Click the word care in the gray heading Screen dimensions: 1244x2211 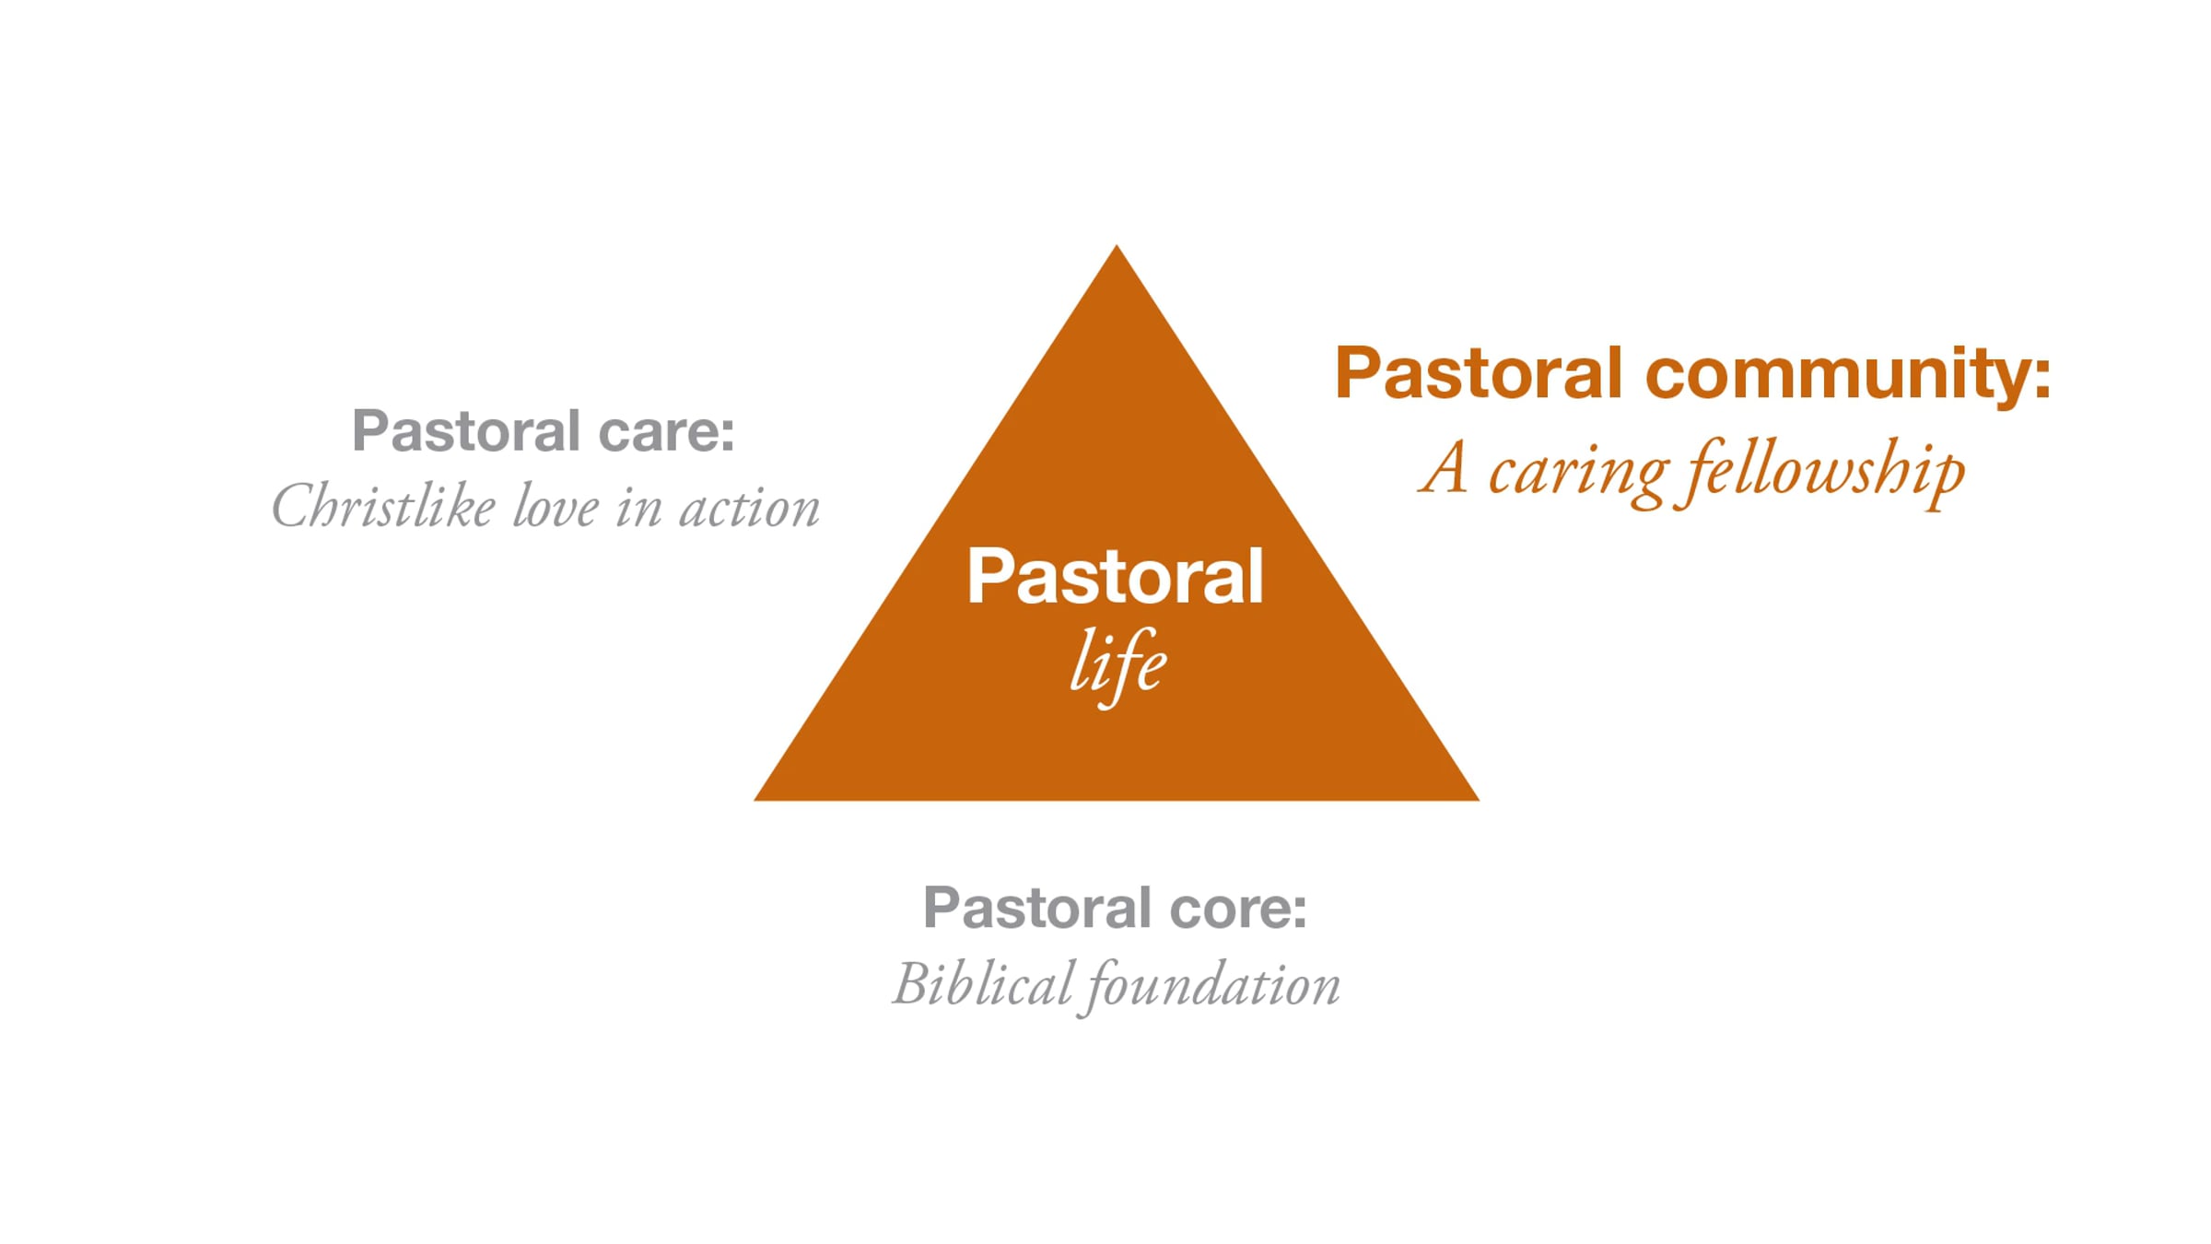pyautogui.click(x=665, y=431)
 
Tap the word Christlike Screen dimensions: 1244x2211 pyautogui.click(x=383, y=507)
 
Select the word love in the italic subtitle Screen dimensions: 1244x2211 pyautogui.click(x=556, y=507)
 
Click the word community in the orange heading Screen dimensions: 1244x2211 pyautogui.click(x=1847, y=375)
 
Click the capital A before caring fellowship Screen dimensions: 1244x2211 pyautogui.click(x=1444, y=468)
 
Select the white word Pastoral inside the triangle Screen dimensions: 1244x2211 pyautogui.click(x=1115, y=577)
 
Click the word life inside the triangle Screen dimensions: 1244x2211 pyautogui.click(x=1117, y=663)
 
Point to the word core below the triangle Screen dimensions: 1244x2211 pyautogui.click(x=1237, y=909)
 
